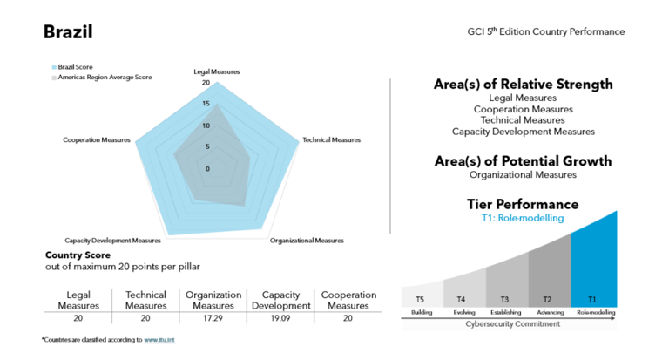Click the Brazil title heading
(68, 32)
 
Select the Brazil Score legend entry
(75, 66)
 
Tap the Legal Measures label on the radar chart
(216, 71)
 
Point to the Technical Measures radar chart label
(331, 139)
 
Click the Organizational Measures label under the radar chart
(307, 241)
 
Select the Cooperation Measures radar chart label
(97, 139)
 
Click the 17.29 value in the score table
(213, 319)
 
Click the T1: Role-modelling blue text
(522, 218)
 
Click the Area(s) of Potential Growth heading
(523, 161)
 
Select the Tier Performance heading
(523, 204)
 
